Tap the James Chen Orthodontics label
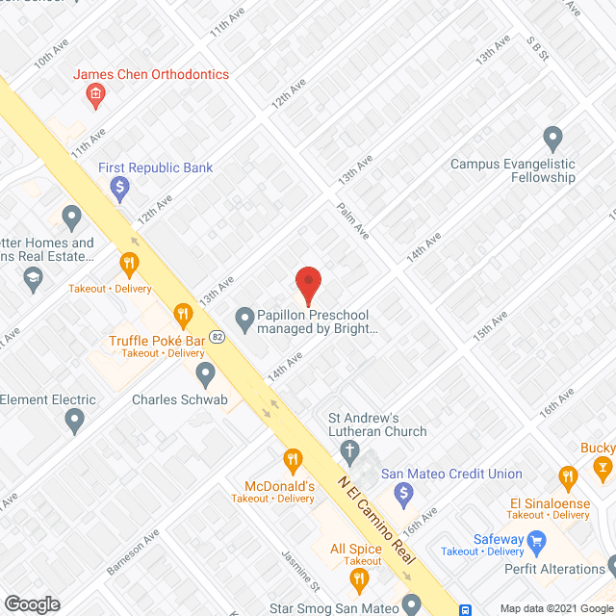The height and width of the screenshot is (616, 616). pos(152,74)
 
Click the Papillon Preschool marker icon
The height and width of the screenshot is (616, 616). pos(244,316)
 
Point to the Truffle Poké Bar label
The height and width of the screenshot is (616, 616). pos(157,341)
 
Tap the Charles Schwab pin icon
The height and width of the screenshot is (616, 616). pos(204,372)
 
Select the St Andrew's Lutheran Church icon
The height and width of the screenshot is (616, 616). pos(351,451)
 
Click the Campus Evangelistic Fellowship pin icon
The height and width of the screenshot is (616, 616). pos(552,140)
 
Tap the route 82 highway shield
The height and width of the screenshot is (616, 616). pos(218,337)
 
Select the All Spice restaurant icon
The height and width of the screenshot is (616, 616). pos(360,578)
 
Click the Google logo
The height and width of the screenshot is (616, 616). pos(31,603)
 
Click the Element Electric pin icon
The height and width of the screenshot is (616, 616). pos(75,421)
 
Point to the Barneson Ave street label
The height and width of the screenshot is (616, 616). pos(132,552)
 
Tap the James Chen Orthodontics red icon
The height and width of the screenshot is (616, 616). pos(95,93)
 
